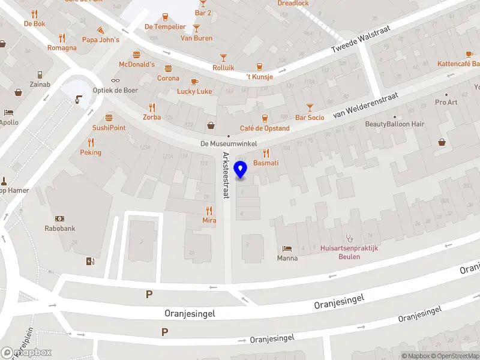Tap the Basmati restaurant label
point(266,163)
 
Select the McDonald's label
point(137,64)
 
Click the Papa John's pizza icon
point(101,29)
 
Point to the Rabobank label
point(59,228)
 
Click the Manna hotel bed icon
point(287,248)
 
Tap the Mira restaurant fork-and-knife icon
point(209,211)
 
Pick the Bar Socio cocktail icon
point(310,107)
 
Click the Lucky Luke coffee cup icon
point(194,82)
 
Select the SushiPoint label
point(109,128)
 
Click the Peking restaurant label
point(91,152)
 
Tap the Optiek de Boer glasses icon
point(115,80)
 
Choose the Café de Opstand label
point(265,128)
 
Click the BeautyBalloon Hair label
point(394,124)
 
